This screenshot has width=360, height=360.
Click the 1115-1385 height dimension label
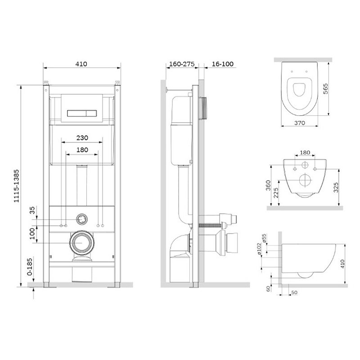point(16,186)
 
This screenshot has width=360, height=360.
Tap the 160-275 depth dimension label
point(182,64)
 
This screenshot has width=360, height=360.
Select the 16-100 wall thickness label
point(222,64)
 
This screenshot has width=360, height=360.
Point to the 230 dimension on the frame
point(82,138)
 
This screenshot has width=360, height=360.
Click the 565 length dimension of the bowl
point(325,89)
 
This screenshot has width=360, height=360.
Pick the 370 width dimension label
point(300,123)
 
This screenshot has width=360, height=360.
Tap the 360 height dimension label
point(268,185)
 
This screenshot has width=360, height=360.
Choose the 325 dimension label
point(336,187)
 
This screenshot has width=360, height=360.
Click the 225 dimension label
point(276,193)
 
